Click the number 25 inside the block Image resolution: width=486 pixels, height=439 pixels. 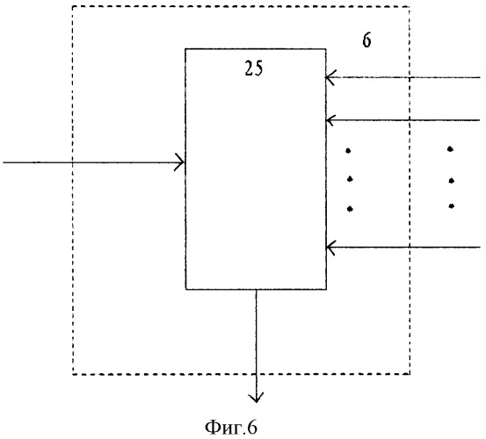253,68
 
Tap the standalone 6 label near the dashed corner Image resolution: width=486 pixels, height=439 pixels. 367,40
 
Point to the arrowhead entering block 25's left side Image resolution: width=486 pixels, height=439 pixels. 180,162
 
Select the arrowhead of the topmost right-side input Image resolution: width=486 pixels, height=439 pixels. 330,77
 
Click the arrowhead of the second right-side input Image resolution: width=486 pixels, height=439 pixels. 330,119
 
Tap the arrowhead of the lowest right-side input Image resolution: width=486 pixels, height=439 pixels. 330,248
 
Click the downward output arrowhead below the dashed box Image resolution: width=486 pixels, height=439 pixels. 256,398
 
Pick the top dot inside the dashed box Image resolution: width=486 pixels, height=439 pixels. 348,151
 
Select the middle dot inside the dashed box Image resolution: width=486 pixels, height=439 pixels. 350,179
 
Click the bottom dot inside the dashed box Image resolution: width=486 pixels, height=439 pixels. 350,209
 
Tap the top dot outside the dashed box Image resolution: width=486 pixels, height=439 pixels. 450,149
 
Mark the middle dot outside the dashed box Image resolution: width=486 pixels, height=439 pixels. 452,181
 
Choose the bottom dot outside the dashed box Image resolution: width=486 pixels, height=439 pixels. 452,205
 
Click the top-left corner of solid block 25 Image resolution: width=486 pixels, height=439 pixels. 185,49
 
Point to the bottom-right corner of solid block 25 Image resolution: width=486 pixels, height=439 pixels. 326,290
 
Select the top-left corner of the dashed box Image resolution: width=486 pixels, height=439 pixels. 73,6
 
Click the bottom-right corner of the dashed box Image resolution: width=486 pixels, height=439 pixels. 410,374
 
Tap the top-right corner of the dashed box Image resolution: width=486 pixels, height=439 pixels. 410,6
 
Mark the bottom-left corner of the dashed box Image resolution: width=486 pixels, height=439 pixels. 73,374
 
